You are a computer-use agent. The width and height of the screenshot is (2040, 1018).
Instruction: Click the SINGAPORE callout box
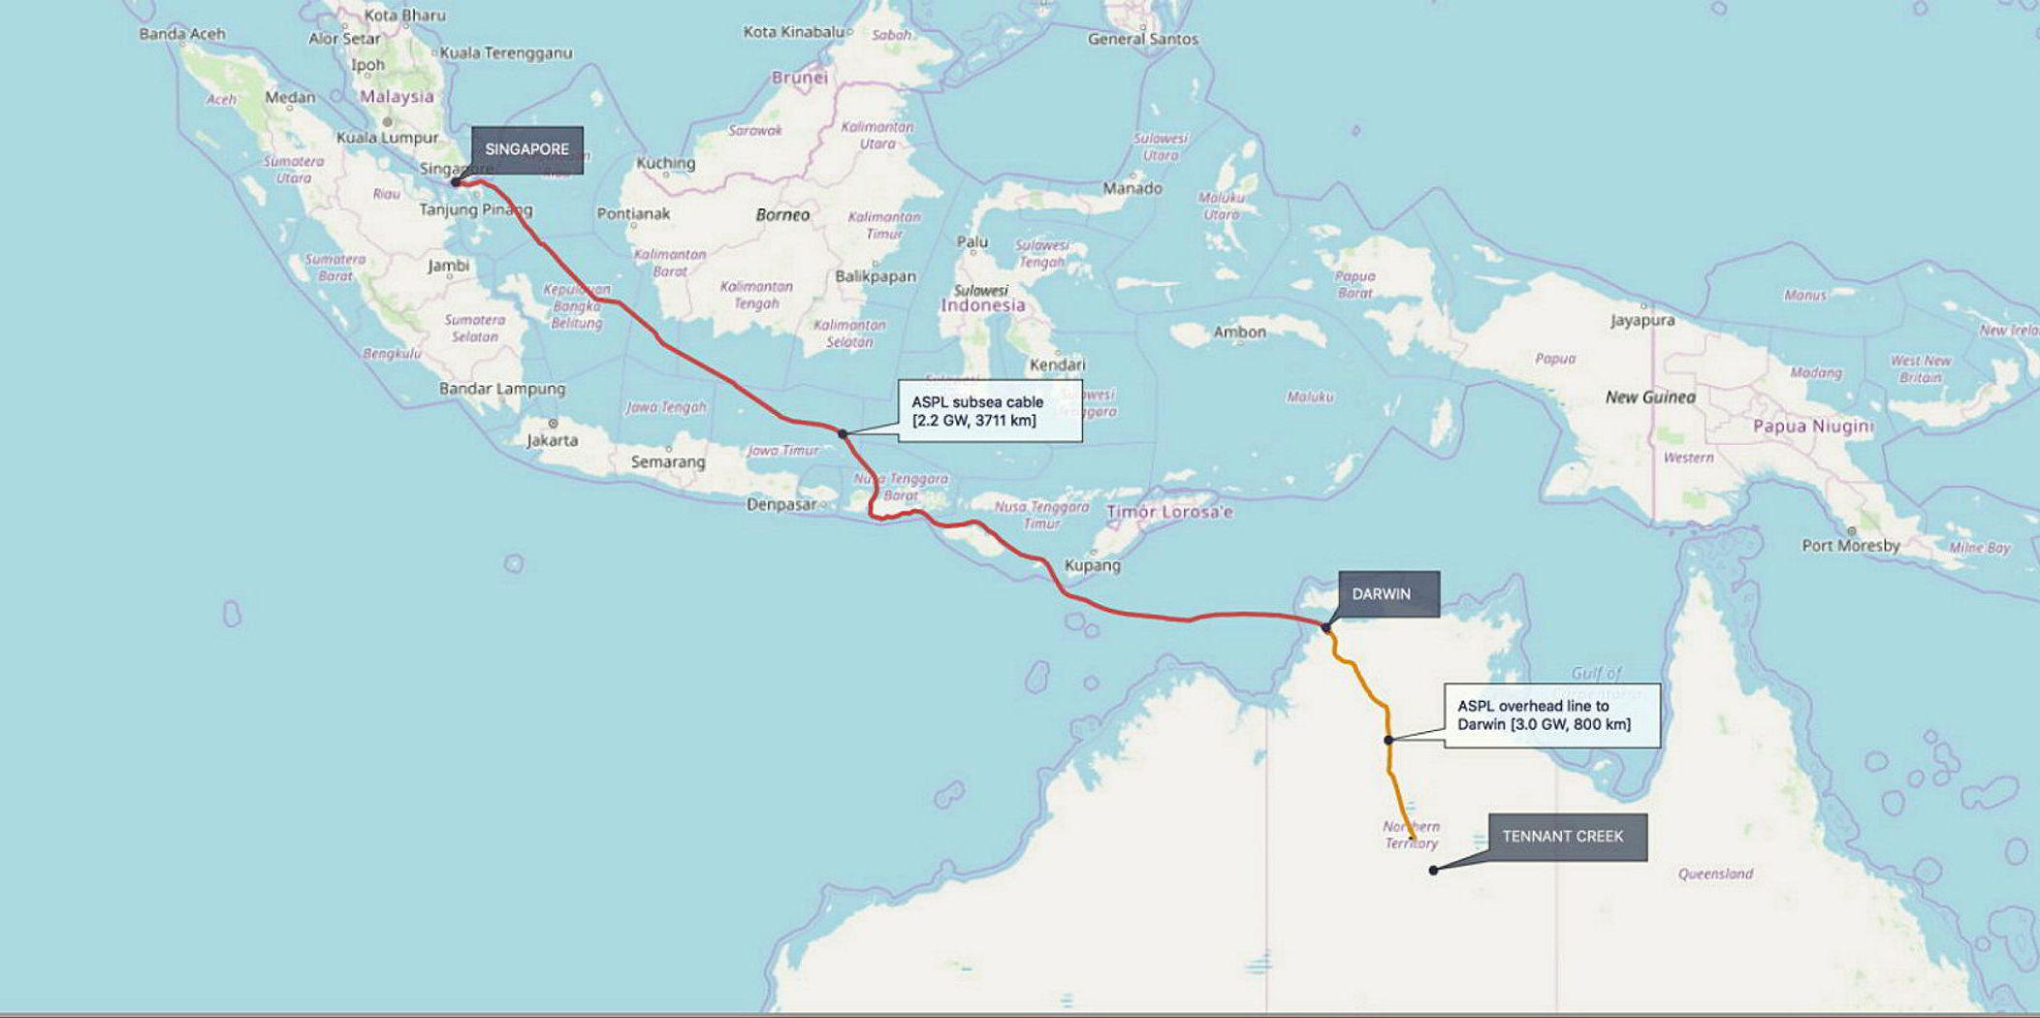(527, 149)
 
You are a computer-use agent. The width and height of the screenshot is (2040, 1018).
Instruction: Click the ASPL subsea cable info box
(989, 411)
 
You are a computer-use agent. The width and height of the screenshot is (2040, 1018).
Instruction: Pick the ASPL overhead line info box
(1551, 716)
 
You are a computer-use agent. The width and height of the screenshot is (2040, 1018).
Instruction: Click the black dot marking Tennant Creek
(1433, 870)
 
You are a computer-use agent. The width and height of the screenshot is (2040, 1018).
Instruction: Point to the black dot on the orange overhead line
(1388, 740)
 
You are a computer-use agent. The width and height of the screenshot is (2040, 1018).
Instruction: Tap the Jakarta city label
(552, 440)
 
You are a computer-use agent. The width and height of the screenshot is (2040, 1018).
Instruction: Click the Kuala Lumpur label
(387, 138)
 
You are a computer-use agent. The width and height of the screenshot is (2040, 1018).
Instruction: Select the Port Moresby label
(1850, 545)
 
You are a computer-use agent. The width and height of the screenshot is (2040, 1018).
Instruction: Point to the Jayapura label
(1642, 320)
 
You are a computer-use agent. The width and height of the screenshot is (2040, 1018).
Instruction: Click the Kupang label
(1092, 565)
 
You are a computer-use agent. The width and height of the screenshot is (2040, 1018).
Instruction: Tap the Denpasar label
(781, 504)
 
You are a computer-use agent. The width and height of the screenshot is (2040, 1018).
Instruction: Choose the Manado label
(1132, 188)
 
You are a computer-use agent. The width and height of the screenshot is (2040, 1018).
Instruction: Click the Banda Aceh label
(181, 34)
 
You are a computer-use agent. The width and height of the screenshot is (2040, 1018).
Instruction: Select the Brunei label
(800, 78)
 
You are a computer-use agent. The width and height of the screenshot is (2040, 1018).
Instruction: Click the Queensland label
(1715, 874)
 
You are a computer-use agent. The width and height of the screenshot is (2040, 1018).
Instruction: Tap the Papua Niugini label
(1812, 427)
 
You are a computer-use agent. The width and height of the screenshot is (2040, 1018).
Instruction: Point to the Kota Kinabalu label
(793, 32)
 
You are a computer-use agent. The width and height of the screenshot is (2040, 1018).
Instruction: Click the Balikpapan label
(876, 276)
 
